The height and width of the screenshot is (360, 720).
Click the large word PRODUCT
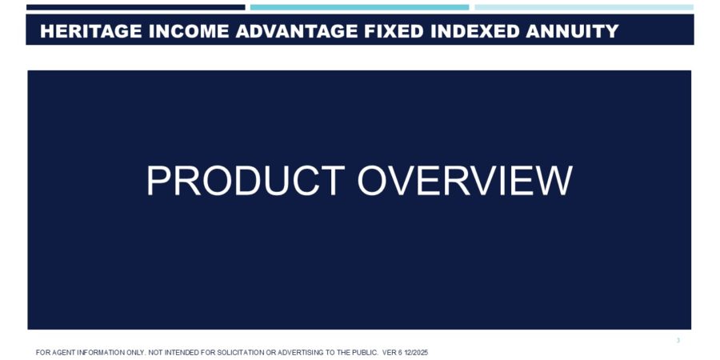tap(246, 181)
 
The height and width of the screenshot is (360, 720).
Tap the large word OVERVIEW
tap(465, 181)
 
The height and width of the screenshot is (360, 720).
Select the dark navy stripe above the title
tap(136, 7)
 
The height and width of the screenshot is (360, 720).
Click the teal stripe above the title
tap(359, 7)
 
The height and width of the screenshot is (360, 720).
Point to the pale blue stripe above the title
tap(584, 7)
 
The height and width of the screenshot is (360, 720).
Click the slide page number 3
tap(678, 341)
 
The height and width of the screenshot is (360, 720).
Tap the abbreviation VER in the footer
tap(390, 353)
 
